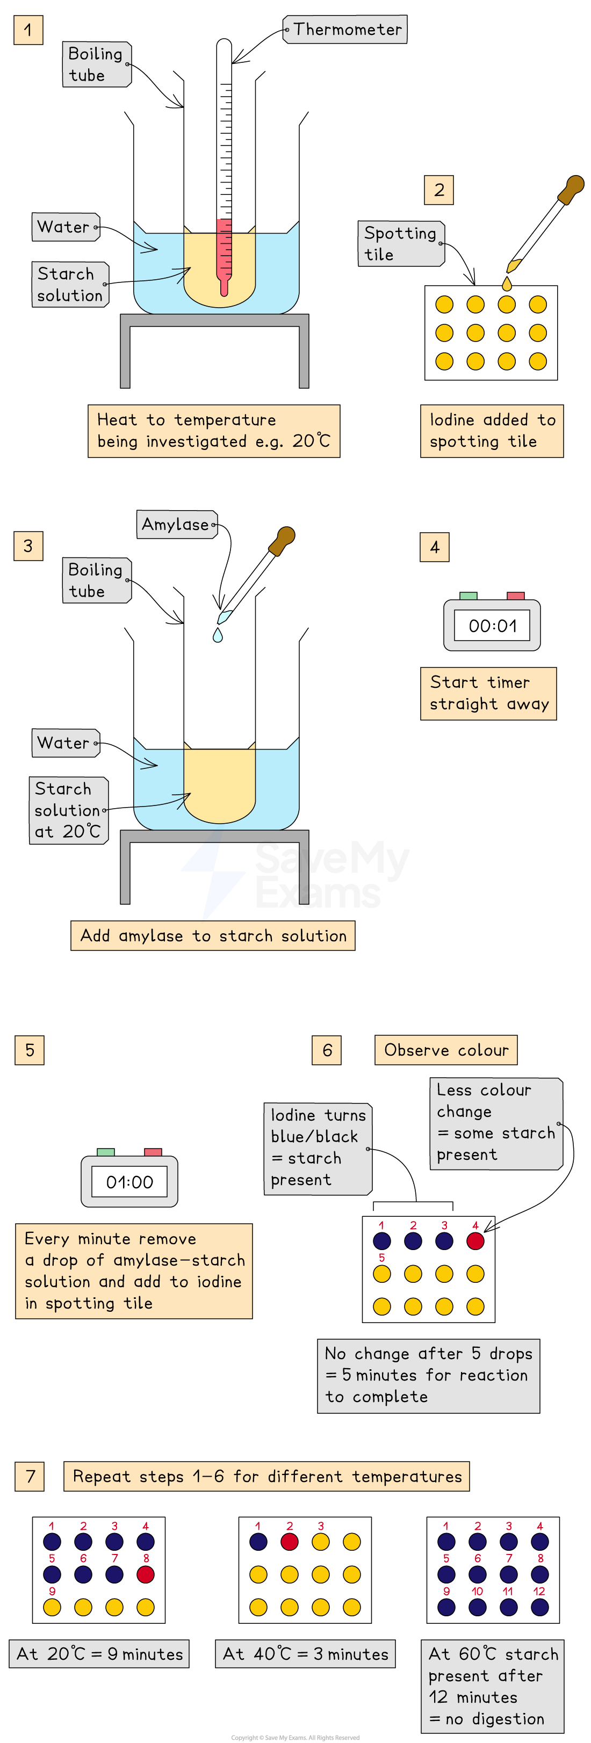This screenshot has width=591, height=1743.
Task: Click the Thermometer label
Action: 347,30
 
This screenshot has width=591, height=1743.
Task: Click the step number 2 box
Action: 438,190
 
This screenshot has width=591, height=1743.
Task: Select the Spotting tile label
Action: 401,244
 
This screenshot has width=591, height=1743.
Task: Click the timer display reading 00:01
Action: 492,626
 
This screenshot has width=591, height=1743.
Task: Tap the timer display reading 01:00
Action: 129,1182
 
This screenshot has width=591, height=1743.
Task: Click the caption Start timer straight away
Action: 488,694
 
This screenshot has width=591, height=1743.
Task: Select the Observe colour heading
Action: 446,1050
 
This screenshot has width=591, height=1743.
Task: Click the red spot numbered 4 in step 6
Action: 475,1241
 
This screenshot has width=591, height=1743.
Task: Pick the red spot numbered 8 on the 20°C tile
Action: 146,1574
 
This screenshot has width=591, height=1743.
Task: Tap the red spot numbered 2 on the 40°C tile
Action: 289,1542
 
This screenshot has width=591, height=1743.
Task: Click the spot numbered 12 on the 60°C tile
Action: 539,1607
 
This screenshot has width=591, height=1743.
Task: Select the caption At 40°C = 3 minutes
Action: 305,1654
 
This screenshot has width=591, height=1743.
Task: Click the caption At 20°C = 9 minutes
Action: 99,1654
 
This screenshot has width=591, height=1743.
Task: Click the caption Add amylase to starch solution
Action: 213,936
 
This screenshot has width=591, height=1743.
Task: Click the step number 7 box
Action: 30,1477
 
